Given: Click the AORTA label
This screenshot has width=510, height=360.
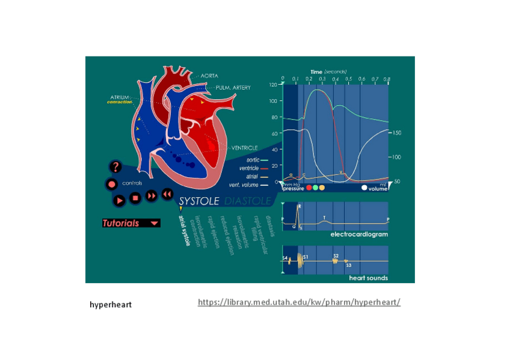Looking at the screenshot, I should coord(209,76).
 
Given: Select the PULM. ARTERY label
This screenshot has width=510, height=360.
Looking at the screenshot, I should coord(233,88).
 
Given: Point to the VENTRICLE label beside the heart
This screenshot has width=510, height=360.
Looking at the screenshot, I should coord(245,148).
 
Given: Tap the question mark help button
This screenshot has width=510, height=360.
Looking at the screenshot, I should coord(116,167).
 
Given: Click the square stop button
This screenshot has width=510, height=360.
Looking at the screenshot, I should coord(135,197).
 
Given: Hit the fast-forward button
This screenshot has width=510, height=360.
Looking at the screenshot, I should coord(152,196).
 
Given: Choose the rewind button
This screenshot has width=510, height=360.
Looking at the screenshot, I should coord(167,194).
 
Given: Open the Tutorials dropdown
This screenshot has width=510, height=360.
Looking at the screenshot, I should coord(131,223).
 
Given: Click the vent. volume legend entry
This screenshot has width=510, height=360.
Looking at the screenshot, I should coord(248,185).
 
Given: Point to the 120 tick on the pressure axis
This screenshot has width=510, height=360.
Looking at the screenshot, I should coord(273,85).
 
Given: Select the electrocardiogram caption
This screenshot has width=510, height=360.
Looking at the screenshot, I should coord(359,234).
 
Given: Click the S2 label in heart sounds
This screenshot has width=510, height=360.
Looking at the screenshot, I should coord(336,256).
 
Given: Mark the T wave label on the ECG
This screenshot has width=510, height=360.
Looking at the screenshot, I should coord(324,218).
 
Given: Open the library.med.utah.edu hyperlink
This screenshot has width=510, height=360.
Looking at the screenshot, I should coord(299,302).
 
